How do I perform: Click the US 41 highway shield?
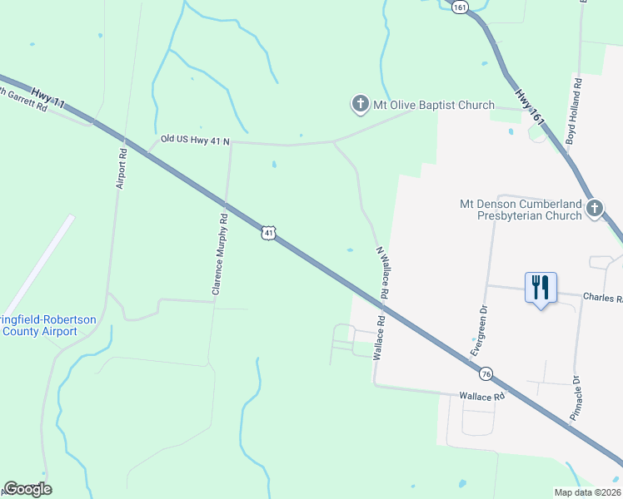[267, 234]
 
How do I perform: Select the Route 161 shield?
[461, 6]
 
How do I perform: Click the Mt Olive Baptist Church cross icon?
[360, 105]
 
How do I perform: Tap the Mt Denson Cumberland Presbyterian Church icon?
[595, 208]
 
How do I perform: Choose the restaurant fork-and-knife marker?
[541, 288]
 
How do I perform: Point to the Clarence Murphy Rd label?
[219, 254]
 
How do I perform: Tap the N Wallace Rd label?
[383, 273]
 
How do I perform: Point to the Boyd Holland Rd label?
[574, 111]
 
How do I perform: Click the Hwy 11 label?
[47, 96]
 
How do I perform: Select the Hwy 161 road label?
[530, 108]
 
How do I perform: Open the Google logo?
[27, 489]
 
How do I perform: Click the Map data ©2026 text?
[587, 492]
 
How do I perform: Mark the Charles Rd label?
[602, 297]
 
